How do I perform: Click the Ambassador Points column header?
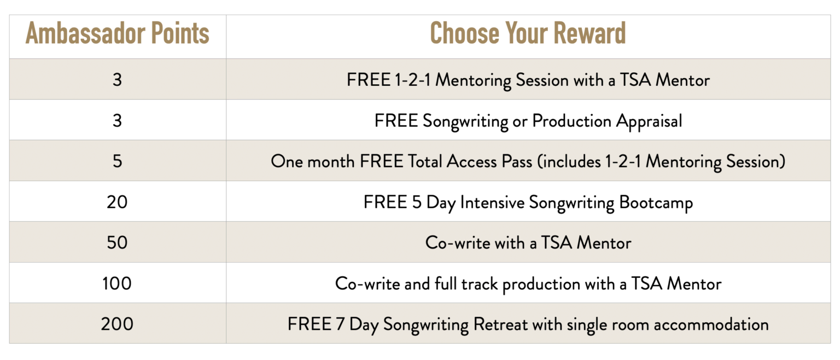point(118,33)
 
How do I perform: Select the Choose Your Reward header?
point(528,33)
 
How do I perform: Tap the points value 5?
point(118,161)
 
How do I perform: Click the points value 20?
point(117,202)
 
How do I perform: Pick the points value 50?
point(117,242)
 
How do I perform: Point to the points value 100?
point(117,283)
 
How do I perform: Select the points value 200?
point(117,324)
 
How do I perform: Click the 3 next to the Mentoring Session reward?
point(118,80)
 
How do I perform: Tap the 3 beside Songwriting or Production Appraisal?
point(118,121)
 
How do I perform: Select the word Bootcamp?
point(656,203)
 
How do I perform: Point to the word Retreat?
point(500,324)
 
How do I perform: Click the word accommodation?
point(711,325)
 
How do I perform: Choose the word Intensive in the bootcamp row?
point(492,202)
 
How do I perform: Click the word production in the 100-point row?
point(541,284)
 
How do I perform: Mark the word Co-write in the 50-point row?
point(458,243)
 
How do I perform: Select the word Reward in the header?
point(590,33)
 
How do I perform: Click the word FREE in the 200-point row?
point(310,324)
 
